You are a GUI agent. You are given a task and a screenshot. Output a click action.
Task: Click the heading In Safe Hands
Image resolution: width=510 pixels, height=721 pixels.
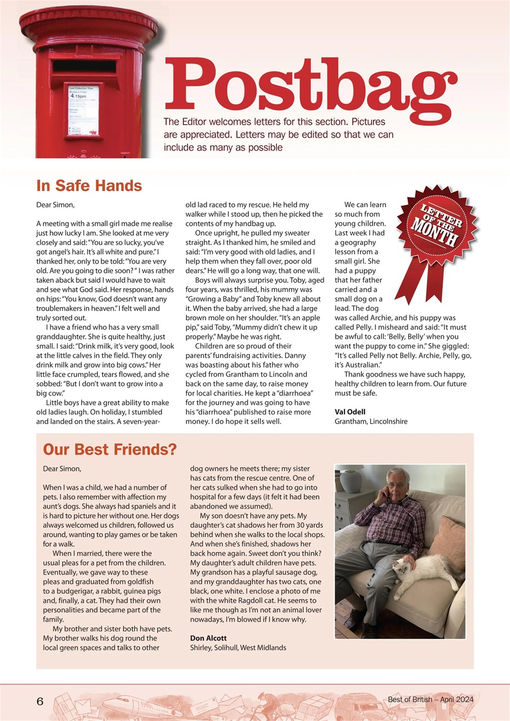click(x=89, y=186)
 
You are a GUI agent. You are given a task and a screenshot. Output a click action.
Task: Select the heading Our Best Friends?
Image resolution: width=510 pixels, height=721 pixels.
click(x=110, y=449)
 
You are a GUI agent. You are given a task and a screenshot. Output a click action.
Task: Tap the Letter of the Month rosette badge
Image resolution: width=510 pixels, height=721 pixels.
click(x=436, y=228)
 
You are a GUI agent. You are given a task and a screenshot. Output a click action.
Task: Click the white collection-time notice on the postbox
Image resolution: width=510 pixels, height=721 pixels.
click(x=83, y=110)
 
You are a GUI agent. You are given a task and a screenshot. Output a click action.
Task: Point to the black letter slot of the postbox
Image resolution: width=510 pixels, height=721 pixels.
click(x=84, y=66)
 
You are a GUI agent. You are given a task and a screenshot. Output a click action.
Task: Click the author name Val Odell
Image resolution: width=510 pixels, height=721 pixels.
click(x=350, y=412)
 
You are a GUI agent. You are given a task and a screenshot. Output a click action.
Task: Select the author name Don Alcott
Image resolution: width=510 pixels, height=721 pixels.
click(x=208, y=638)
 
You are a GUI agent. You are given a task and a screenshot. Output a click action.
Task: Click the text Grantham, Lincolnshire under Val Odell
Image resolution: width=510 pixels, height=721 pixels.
click(x=371, y=421)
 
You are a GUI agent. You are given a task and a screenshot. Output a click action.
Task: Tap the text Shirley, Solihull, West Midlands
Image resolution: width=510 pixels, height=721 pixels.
click(x=238, y=648)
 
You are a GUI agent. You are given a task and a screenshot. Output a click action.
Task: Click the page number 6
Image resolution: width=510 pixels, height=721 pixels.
click(x=40, y=701)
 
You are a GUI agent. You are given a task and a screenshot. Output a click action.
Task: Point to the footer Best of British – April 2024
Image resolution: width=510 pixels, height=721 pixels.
click(x=431, y=700)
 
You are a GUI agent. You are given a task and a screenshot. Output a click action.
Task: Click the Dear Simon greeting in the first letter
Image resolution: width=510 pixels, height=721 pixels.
click(x=55, y=205)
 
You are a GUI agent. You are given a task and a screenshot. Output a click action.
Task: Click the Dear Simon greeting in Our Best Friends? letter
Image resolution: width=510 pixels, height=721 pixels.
click(x=62, y=469)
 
